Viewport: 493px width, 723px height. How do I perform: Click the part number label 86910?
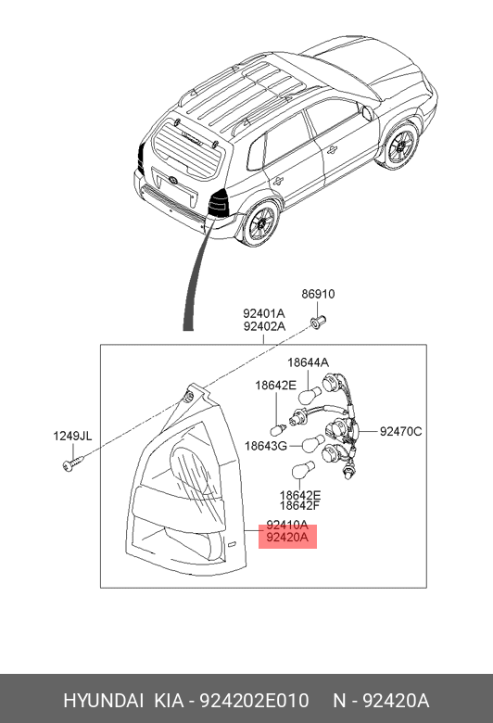coord(318,294)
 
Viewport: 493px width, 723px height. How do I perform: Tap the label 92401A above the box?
coord(264,313)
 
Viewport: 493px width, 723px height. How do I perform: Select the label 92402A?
coord(264,326)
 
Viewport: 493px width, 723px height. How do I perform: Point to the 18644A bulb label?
coord(308,362)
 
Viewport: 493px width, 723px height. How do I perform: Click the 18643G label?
coord(266,446)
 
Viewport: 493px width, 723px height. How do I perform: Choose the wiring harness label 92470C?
coord(400,432)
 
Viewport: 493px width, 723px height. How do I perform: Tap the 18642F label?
coord(300,506)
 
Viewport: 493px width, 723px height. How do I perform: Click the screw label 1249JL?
coord(72,436)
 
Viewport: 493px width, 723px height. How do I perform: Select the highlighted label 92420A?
coord(287,538)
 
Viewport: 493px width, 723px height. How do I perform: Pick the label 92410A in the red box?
coord(287,525)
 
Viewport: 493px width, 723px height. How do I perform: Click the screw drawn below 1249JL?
coord(73,463)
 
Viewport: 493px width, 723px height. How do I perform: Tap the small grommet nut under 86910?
coord(318,321)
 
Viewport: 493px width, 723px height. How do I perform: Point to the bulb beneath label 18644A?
coord(310,396)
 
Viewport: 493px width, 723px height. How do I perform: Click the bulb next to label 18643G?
coord(313,444)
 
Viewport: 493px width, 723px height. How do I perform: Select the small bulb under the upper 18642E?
coord(278,430)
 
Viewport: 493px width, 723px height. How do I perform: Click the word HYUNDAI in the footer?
coord(103,701)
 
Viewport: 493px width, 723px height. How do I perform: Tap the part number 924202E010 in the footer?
coord(254,701)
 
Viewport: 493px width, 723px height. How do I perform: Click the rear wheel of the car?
coord(259,223)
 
